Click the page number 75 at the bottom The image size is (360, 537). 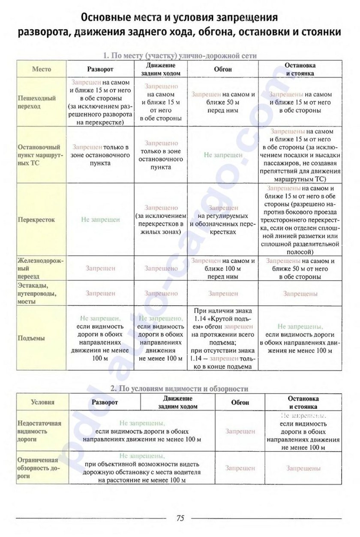180,518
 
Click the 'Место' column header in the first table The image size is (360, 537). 41,69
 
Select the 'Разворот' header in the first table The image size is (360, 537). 100,69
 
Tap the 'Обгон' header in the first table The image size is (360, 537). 223,69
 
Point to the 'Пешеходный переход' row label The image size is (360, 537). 37,102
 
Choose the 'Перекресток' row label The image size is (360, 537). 36,220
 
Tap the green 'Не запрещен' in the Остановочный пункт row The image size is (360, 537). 223,155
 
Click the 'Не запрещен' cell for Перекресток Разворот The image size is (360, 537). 100,220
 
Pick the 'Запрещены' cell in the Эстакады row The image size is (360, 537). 300,294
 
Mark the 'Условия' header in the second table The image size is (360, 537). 43,402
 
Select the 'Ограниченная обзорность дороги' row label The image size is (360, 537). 39,468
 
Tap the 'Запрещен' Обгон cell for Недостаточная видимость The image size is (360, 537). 240,431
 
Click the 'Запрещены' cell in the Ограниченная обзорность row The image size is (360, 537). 303,468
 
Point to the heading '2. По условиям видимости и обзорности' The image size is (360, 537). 179,389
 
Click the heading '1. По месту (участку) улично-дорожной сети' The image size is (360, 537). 180,55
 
